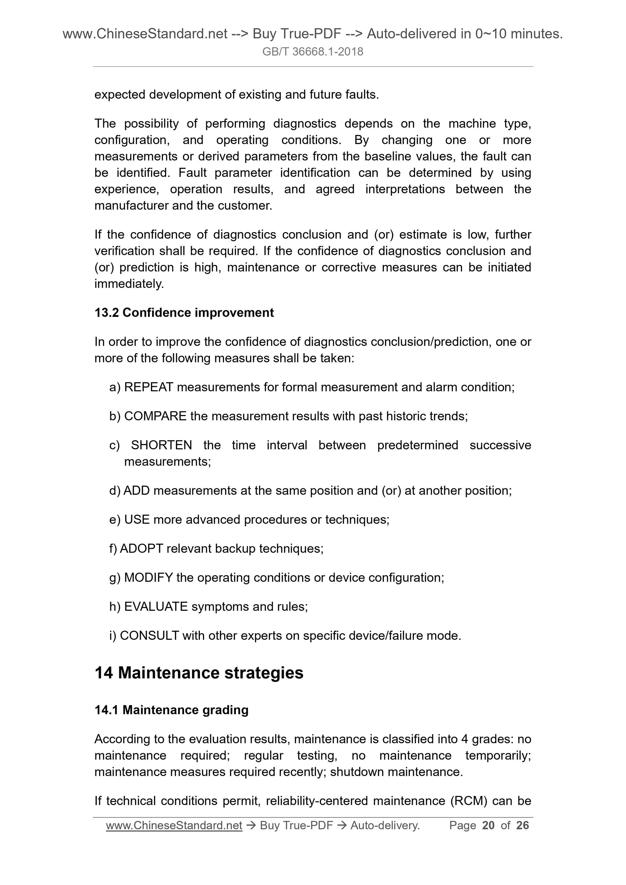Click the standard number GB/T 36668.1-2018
pyautogui.click(x=312, y=52)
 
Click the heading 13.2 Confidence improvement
pyautogui.click(x=184, y=312)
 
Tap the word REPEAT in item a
pyautogui.click(x=149, y=387)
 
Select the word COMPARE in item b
pyautogui.click(x=155, y=416)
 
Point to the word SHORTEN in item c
pyautogui.click(x=161, y=445)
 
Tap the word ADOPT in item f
pyautogui.click(x=141, y=548)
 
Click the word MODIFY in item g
pyautogui.click(x=148, y=578)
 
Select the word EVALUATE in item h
pyautogui.click(x=156, y=607)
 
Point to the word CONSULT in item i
pyautogui.click(x=149, y=636)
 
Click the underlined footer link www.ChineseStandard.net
pyautogui.click(x=174, y=825)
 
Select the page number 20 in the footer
pyautogui.click(x=488, y=825)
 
